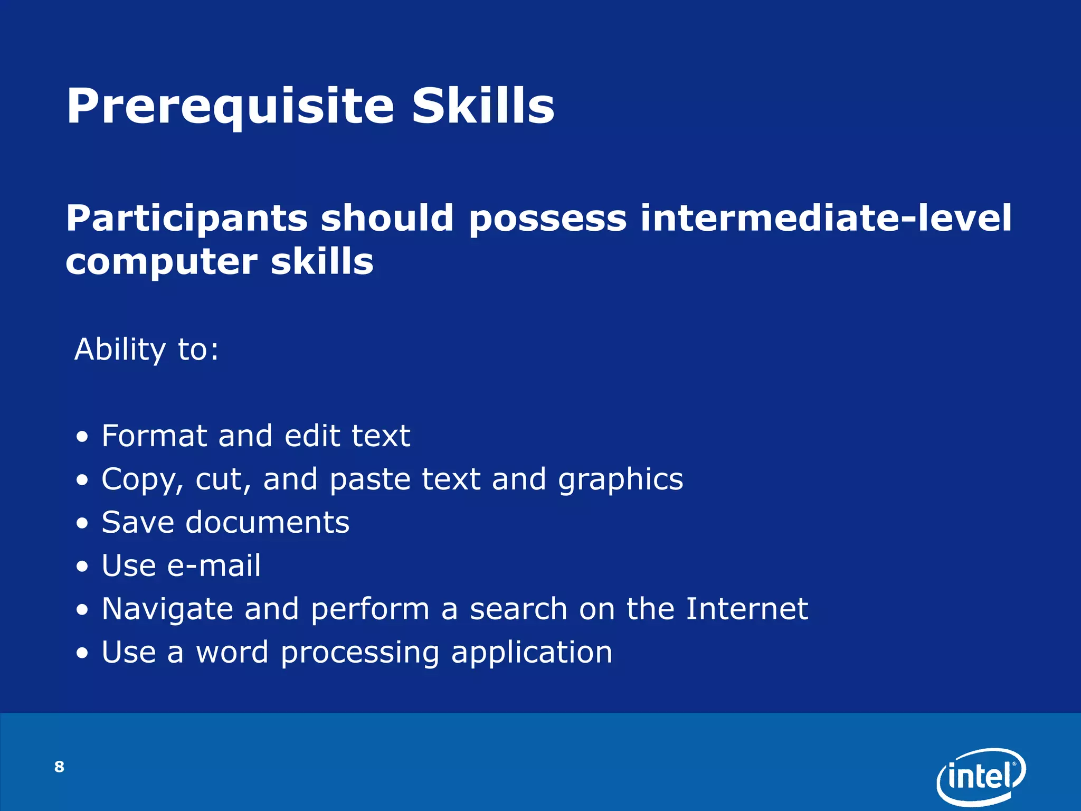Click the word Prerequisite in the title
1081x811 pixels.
[230, 107]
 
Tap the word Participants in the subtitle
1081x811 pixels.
[186, 219]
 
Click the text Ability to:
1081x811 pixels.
[146, 350]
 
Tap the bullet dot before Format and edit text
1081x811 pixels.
[82, 438]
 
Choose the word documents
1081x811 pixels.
[267, 523]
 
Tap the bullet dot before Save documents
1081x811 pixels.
[82, 524]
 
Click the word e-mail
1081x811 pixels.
[214, 566]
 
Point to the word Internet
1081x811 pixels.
[746, 609]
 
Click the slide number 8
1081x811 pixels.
[59, 767]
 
